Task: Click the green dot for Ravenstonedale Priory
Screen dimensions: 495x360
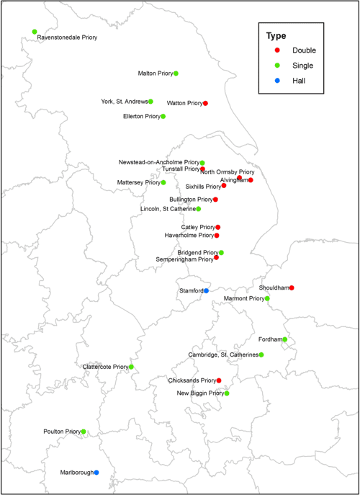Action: pos(35,32)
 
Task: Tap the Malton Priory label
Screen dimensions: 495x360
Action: pos(156,73)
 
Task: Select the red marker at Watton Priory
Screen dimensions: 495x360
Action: pos(206,103)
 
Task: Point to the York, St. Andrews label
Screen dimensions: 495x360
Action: pos(125,102)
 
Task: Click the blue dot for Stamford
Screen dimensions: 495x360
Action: pos(206,290)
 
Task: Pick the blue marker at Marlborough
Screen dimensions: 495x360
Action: pos(96,473)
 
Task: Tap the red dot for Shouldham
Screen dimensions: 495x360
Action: pos(292,288)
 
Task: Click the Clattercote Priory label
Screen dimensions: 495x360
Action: pos(106,367)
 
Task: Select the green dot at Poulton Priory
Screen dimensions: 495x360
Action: pos(84,432)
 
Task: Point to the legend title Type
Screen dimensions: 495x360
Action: pos(276,35)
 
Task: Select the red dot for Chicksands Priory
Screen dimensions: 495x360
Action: pos(219,380)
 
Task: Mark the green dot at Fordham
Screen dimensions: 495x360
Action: pos(285,339)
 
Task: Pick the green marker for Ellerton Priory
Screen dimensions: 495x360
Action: pos(163,116)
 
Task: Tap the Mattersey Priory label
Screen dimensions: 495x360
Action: pos(139,183)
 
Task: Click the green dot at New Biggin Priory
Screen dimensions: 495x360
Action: pos(227,393)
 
